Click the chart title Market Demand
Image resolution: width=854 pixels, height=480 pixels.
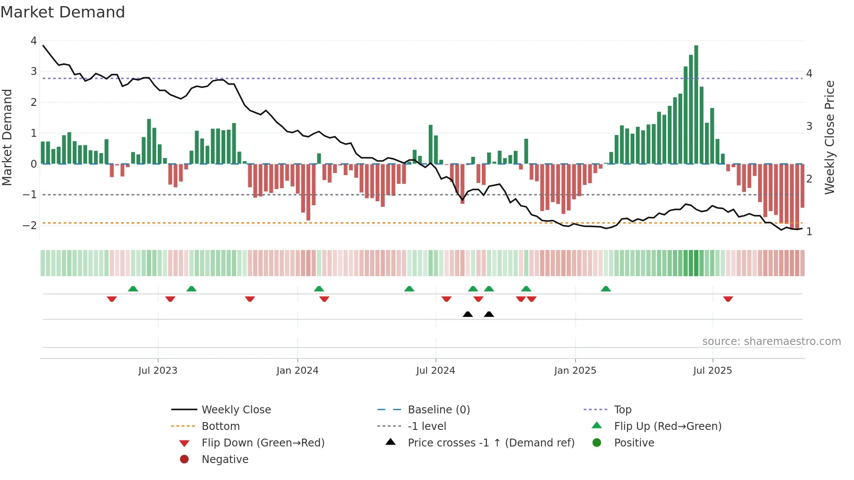coord(63,12)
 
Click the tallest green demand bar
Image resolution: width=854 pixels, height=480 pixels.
coord(696,105)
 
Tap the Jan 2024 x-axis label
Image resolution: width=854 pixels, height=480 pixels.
coord(297,371)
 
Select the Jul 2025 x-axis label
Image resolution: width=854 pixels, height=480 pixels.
coord(712,371)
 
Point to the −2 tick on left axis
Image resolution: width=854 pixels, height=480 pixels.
coord(30,225)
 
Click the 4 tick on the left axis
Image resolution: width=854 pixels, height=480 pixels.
coord(34,41)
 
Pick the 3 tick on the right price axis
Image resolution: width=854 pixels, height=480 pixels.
coord(809,126)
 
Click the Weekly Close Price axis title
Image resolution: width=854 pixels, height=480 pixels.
coord(830,137)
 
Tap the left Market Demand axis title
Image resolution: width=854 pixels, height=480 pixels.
coord(7,137)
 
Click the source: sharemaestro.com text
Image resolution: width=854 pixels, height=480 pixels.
coord(771,341)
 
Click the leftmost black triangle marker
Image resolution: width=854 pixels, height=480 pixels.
coord(468,314)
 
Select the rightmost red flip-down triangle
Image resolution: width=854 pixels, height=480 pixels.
coord(728,299)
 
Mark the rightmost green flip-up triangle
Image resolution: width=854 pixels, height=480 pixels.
coord(606,289)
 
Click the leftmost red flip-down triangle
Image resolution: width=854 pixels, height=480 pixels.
coord(112,299)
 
